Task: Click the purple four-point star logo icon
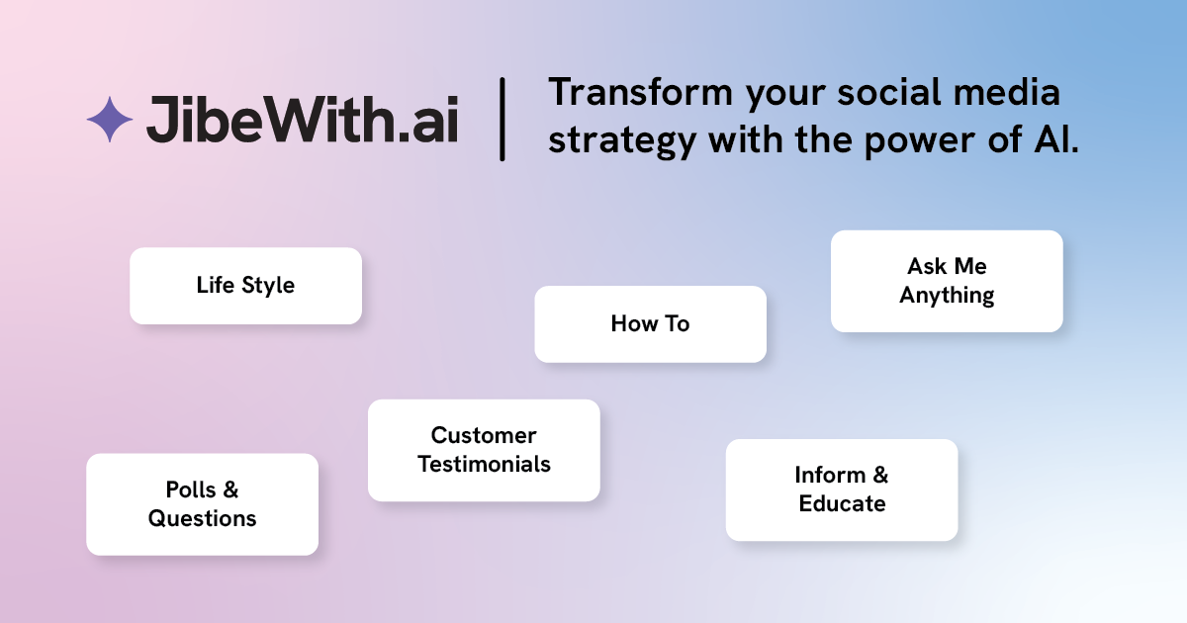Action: (x=110, y=120)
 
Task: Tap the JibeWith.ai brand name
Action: (x=302, y=120)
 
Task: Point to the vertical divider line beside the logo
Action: (x=502, y=120)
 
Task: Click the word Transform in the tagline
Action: (x=641, y=92)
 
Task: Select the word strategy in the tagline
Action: (x=622, y=140)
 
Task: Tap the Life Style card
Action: (x=246, y=286)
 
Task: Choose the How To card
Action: (x=650, y=324)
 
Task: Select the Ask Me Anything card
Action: (x=947, y=281)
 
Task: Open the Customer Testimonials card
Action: (x=484, y=450)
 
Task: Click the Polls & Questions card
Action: (x=203, y=504)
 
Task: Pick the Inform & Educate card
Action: (x=842, y=490)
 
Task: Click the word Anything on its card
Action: (x=947, y=296)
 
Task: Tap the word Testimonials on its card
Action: (x=484, y=464)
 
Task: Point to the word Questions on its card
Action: (x=203, y=518)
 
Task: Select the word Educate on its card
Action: (x=842, y=503)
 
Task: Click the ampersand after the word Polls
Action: (x=230, y=489)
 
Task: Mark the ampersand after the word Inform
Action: (x=880, y=476)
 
